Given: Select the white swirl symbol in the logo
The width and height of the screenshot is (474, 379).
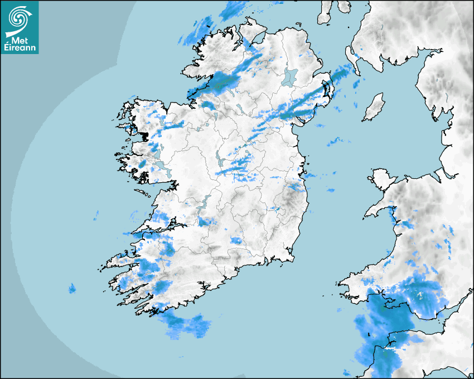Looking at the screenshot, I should (x=19, y=19).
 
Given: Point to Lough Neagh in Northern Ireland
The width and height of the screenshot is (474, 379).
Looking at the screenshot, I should (x=290, y=77).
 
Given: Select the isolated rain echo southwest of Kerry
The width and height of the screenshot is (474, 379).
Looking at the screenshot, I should (x=71, y=288).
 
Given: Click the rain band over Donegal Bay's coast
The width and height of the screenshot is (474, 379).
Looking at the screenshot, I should (x=223, y=81).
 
